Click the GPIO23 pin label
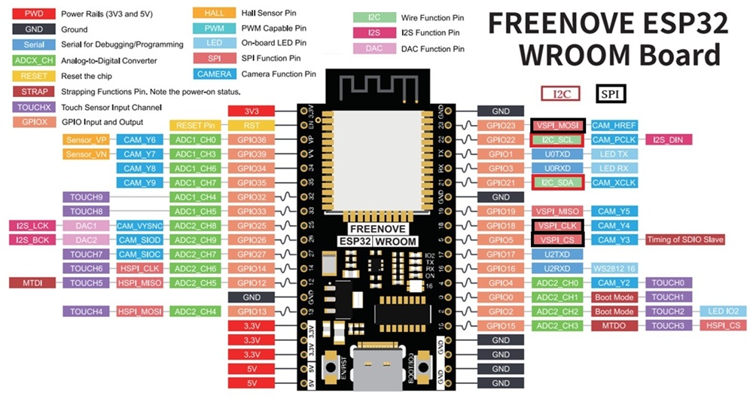(500, 126)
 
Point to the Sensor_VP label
(87, 140)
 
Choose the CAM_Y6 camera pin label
(139, 140)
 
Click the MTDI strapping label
(32, 283)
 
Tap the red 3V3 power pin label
(252, 111)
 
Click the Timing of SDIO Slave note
(684, 240)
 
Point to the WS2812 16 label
(614, 269)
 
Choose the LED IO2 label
(722, 312)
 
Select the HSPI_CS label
(722, 326)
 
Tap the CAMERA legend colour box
(214, 74)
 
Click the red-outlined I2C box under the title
(561, 93)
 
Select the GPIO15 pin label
(500, 326)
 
